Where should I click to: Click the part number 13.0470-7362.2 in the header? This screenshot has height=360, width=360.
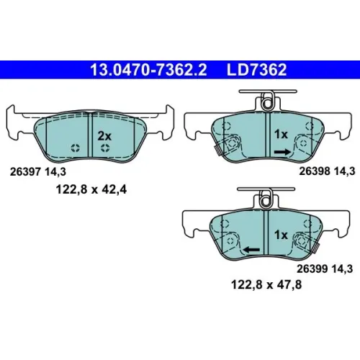(x=148, y=70)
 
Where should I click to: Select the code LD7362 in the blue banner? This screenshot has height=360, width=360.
(x=256, y=70)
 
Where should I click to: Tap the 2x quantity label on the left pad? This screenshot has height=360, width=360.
(x=104, y=136)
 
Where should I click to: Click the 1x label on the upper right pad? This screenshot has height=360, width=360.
(x=281, y=134)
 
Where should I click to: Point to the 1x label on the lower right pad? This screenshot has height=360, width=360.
(x=281, y=235)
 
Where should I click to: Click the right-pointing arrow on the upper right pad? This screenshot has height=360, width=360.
(x=282, y=152)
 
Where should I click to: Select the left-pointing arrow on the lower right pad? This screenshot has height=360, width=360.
(x=251, y=250)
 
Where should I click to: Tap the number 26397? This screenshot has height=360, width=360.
(x=25, y=172)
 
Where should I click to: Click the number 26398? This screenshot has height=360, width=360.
(x=314, y=171)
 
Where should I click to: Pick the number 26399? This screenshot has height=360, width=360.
(x=312, y=269)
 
